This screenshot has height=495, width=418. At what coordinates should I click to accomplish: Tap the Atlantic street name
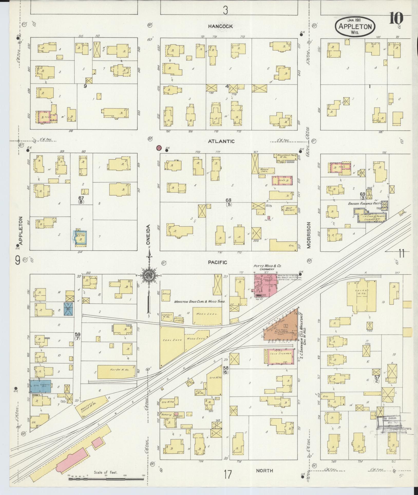[225, 141]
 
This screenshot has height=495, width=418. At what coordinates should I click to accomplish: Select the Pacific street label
[217, 262]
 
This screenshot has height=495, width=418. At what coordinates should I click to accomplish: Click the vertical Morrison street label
[309, 235]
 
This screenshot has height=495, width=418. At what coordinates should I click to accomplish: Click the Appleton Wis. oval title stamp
[355, 26]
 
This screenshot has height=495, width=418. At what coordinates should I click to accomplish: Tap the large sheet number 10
[396, 18]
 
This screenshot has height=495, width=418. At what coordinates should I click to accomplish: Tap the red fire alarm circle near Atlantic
[159, 148]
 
